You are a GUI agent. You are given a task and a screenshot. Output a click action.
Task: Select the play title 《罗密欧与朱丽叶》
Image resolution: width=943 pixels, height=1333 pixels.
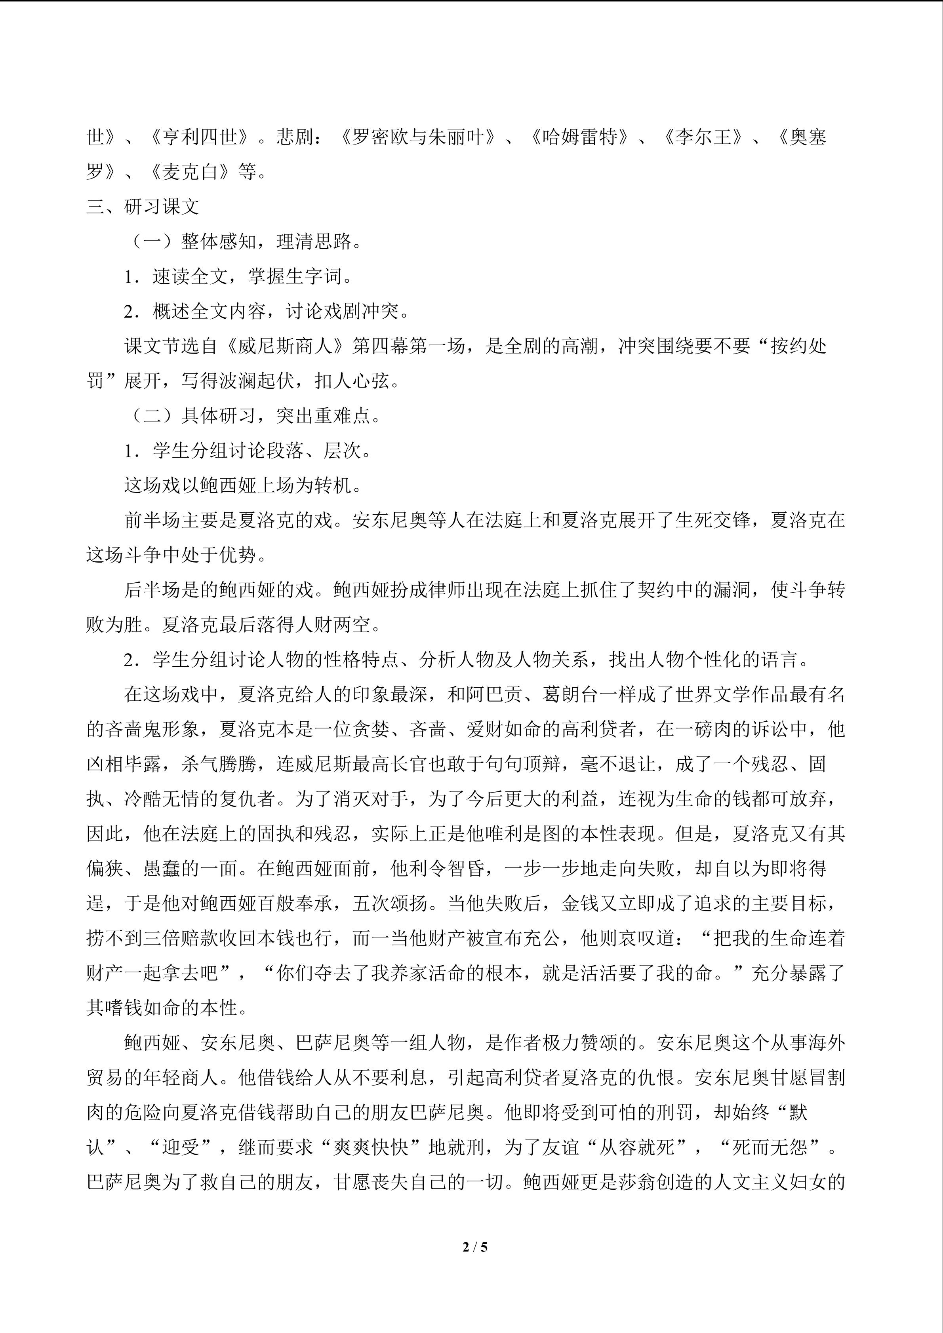418,137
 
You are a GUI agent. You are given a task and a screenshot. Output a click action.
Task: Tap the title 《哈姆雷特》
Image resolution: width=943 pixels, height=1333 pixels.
579,137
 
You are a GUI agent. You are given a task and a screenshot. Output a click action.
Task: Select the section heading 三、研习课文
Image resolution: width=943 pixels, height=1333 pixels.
143,207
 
